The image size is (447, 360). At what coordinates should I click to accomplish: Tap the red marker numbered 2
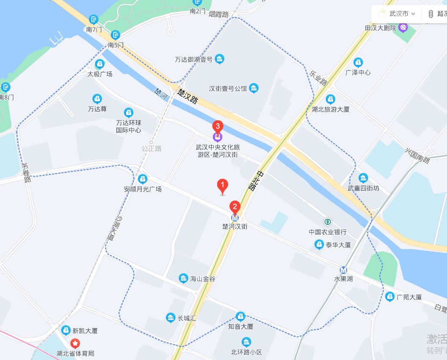(x=235, y=207)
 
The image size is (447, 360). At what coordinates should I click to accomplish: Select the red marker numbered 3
(x=218, y=126)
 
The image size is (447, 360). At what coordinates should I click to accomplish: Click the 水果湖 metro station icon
(x=344, y=270)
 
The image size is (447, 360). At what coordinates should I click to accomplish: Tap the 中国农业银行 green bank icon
(x=327, y=222)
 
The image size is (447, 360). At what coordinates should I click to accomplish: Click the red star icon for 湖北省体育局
(x=75, y=343)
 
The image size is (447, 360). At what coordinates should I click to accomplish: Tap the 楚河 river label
(x=161, y=94)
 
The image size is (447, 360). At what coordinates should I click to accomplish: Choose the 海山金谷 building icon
(x=183, y=278)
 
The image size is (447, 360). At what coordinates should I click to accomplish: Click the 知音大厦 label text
(x=240, y=327)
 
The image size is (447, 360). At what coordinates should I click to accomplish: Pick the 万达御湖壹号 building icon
(x=219, y=59)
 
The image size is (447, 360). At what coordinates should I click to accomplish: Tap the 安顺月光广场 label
(x=143, y=189)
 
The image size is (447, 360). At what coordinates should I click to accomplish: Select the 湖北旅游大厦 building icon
(x=331, y=99)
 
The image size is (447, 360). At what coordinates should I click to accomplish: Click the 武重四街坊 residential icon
(x=363, y=177)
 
